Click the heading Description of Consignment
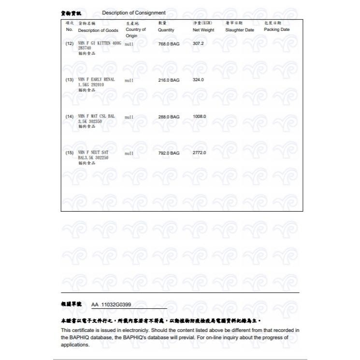click(x=134, y=13)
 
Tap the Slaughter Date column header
click(x=239, y=30)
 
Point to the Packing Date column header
click(x=277, y=30)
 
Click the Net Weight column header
click(x=203, y=30)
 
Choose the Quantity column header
click(x=166, y=30)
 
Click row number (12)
click(x=69, y=43)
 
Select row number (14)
click(x=69, y=116)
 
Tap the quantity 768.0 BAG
click(x=169, y=43)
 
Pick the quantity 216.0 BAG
click(x=169, y=80)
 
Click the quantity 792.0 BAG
click(x=169, y=153)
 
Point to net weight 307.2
click(x=198, y=43)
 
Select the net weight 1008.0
click(x=199, y=116)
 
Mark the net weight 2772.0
click(x=199, y=153)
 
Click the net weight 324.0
click(x=198, y=80)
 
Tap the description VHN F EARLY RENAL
click(x=96, y=79)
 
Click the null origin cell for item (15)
click(x=129, y=153)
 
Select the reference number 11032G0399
click(x=116, y=305)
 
